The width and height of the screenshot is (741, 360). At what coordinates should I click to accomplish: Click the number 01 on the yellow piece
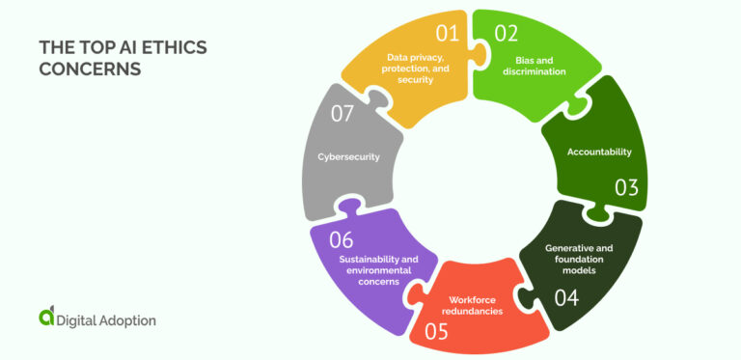point(447,34)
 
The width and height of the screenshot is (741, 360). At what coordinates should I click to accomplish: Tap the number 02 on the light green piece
point(506,34)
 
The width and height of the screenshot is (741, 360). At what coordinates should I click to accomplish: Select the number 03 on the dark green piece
point(626,187)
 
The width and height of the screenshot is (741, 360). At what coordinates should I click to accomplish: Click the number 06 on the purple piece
point(341,239)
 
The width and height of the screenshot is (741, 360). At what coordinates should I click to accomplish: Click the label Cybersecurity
point(347,155)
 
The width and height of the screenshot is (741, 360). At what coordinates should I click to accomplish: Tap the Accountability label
point(598,152)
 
